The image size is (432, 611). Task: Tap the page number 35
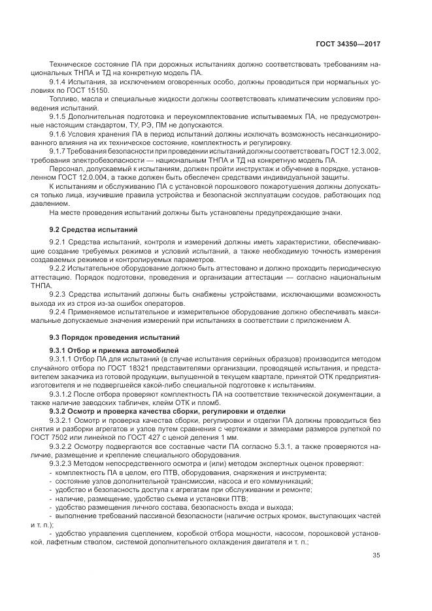click(376, 556)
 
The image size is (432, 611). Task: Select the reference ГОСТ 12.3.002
click(357, 151)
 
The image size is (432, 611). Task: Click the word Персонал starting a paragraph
click(65, 168)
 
